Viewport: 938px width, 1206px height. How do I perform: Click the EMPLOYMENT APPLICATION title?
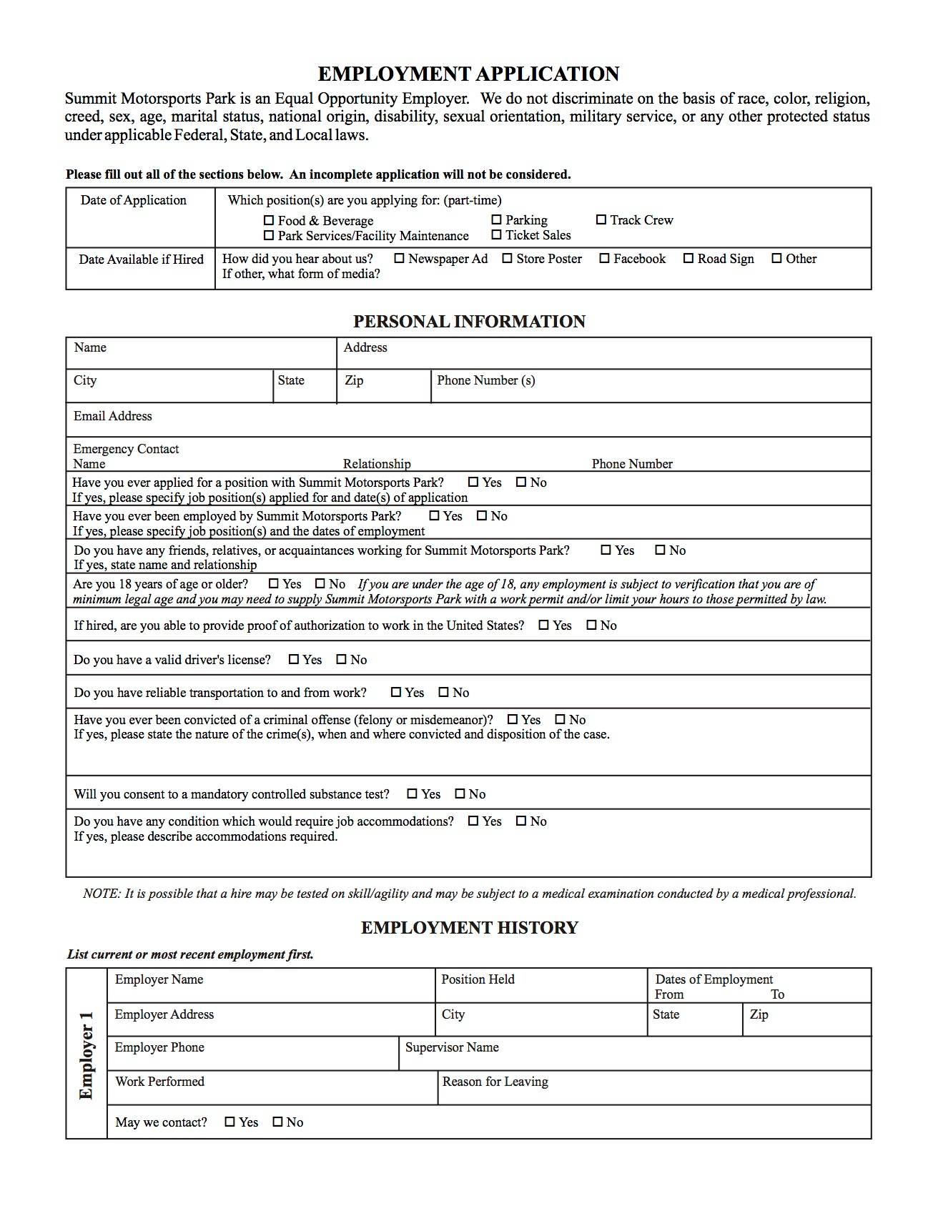click(x=468, y=74)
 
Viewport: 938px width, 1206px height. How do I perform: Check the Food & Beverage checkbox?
click(x=269, y=221)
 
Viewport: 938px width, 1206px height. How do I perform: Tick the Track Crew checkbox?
click(x=601, y=220)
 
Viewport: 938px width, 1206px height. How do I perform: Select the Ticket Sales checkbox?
click(x=496, y=235)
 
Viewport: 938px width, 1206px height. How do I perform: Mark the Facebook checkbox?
click(x=605, y=259)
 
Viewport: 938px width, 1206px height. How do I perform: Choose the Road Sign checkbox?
click(x=688, y=259)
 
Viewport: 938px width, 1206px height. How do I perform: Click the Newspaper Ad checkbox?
click(x=400, y=259)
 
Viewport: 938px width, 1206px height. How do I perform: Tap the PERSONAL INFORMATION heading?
click(x=469, y=322)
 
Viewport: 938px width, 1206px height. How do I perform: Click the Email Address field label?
click(x=112, y=416)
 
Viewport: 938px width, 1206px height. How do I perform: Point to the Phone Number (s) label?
click(x=485, y=380)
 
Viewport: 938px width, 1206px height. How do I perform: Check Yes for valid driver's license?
click(x=294, y=660)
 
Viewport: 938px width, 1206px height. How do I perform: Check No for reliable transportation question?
click(x=444, y=693)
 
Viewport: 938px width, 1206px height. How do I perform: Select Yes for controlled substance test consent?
click(x=413, y=794)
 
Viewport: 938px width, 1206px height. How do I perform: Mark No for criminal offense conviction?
click(x=561, y=720)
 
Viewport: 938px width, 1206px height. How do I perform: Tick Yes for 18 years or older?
click(x=274, y=584)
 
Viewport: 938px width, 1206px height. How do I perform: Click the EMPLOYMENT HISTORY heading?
click(x=469, y=928)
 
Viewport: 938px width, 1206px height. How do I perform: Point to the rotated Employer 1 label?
click(x=86, y=1054)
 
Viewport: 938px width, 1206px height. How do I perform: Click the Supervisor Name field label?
click(x=452, y=1047)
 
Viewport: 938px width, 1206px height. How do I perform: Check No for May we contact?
click(x=278, y=1122)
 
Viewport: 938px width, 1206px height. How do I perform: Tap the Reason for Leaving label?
click(x=495, y=1082)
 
